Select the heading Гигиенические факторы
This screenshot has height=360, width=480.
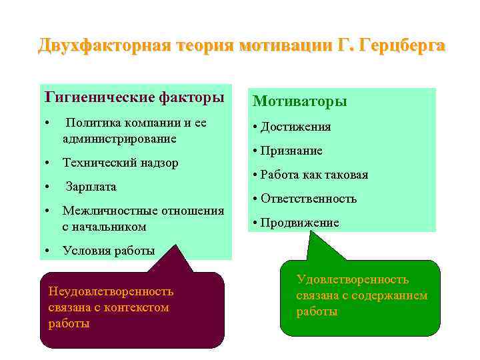(x=134, y=98)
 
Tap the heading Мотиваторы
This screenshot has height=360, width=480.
(x=299, y=101)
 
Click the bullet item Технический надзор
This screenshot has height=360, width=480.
(x=120, y=163)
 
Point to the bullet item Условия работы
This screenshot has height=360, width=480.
(x=108, y=251)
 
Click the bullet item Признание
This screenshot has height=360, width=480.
(x=291, y=151)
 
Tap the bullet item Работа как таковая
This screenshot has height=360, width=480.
(x=314, y=175)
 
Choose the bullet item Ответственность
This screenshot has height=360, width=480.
(x=309, y=199)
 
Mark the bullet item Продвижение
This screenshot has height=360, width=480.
(x=299, y=223)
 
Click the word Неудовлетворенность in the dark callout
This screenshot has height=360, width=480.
(x=111, y=291)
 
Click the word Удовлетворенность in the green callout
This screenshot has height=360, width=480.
(x=353, y=279)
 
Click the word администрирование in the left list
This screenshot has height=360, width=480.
(x=119, y=139)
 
